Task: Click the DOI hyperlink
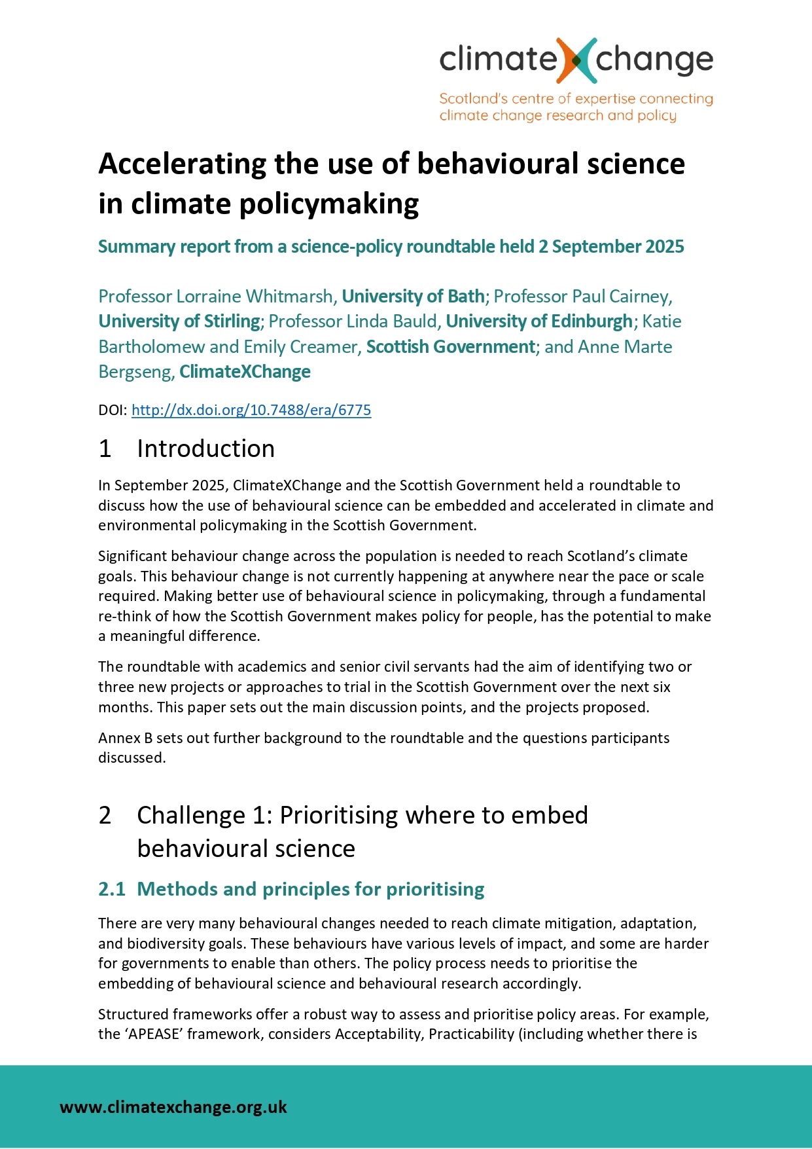251,410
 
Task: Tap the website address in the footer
173,1106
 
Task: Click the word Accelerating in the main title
182,164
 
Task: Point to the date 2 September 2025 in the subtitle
610,247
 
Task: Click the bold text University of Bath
413,297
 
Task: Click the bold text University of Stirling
179,321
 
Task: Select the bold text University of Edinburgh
538,321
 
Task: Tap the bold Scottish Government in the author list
450,347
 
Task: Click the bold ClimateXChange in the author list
245,372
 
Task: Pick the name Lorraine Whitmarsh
255,297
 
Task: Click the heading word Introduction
205,448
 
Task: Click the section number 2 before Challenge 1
105,815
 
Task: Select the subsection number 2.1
111,889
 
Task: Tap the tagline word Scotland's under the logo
469,99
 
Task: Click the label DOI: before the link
112,410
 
